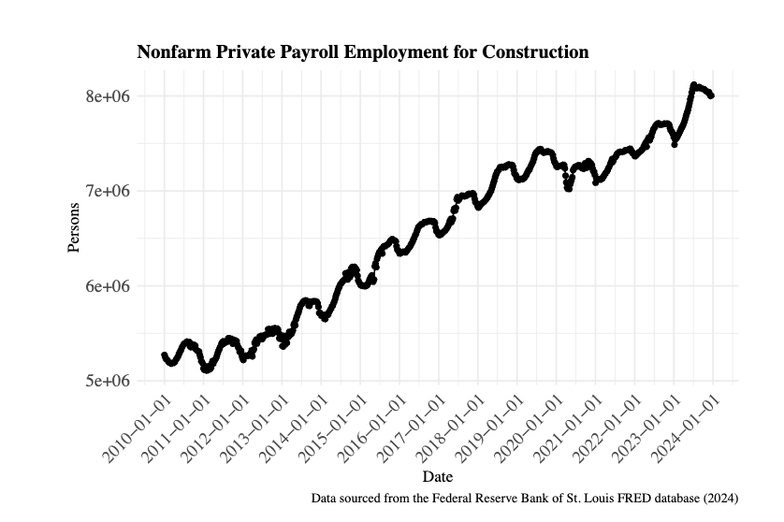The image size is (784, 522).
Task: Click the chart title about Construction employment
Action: point(363,52)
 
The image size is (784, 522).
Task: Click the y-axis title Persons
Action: point(74,227)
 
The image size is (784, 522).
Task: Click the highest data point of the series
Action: point(693,85)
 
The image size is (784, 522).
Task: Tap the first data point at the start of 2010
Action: point(164,355)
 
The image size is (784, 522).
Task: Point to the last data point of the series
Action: point(711,95)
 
